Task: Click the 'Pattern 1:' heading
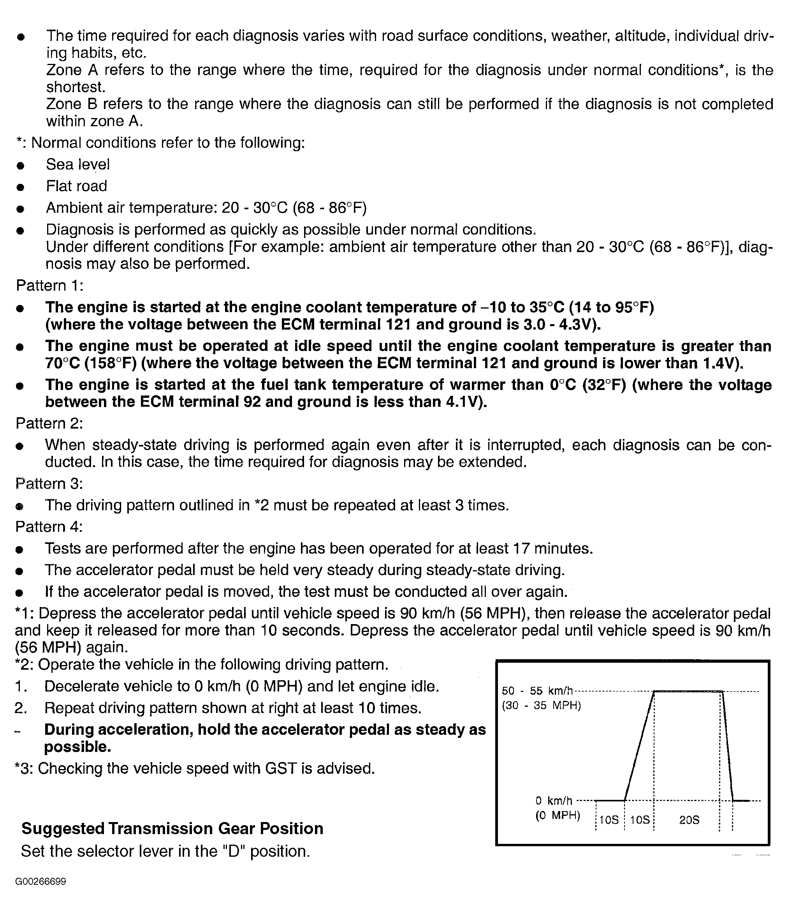click(x=49, y=286)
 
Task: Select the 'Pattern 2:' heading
click(x=49, y=423)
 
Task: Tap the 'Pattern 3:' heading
click(x=49, y=483)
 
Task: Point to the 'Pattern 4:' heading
click(x=49, y=527)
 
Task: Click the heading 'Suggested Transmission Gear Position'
click(x=172, y=828)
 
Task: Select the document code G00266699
click(x=40, y=881)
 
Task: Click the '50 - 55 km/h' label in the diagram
click(x=537, y=691)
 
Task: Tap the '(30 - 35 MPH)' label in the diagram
click(x=541, y=705)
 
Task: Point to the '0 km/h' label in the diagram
click(x=554, y=800)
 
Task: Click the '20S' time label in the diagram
click(x=689, y=820)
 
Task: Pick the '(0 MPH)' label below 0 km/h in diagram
click(x=558, y=815)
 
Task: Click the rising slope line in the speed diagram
click(x=639, y=745)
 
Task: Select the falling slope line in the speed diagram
click(x=728, y=745)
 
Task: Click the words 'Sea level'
click(x=77, y=164)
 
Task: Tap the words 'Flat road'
click(x=76, y=186)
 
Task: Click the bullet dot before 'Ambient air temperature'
click(x=20, y=209)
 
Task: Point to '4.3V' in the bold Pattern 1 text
click(x=578, y=325)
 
